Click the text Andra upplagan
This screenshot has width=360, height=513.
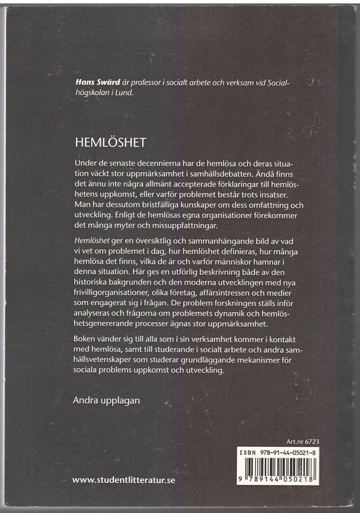(106, 400)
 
